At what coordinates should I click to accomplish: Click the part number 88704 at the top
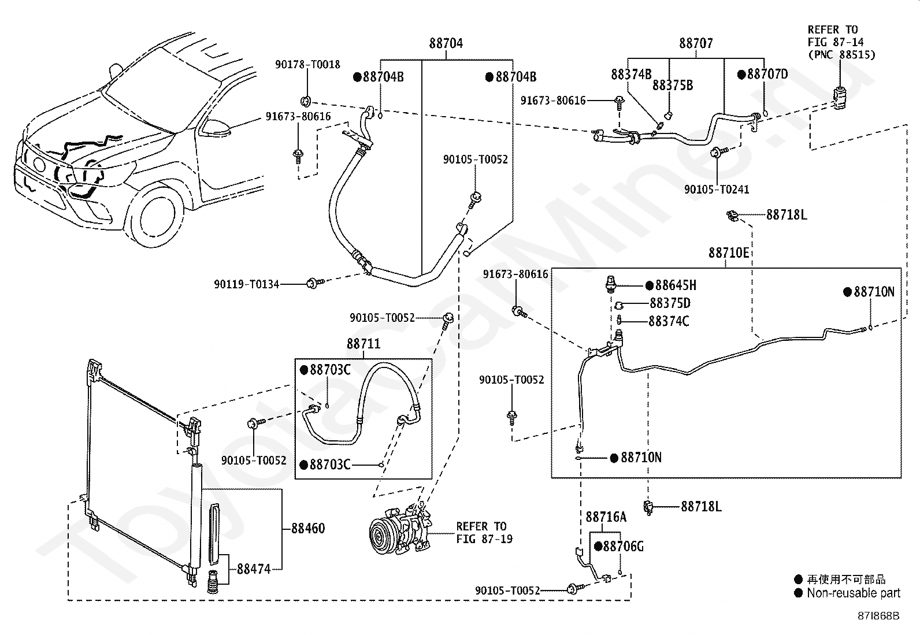click(x=446, y=43)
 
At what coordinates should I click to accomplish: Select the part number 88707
click(x=696, y=43)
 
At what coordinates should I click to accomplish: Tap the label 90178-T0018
click(x=307, y=65)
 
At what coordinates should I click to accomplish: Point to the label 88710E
click(x=729, y=252)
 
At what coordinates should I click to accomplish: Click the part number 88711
click(x=363, y=343)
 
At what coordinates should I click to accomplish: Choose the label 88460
click(x=308, y=528)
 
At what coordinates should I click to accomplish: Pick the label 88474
click(x=254, y=569)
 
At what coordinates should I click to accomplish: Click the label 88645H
click(x=676, y=285)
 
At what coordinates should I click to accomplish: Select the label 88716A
click(x=606, y=517)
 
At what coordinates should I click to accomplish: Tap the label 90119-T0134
click(x=246, y=284)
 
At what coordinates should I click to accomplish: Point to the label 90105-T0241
click(x=717, y=190)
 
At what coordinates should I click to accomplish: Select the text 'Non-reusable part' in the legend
click(x=854, y=593)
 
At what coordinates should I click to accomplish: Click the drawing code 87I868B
click(x=878, y=616)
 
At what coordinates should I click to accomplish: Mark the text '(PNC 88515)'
click(x=841, y=55)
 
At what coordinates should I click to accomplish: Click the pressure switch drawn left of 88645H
click(x=611, y=284)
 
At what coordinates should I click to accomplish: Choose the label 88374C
click(x=669, y=321)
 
